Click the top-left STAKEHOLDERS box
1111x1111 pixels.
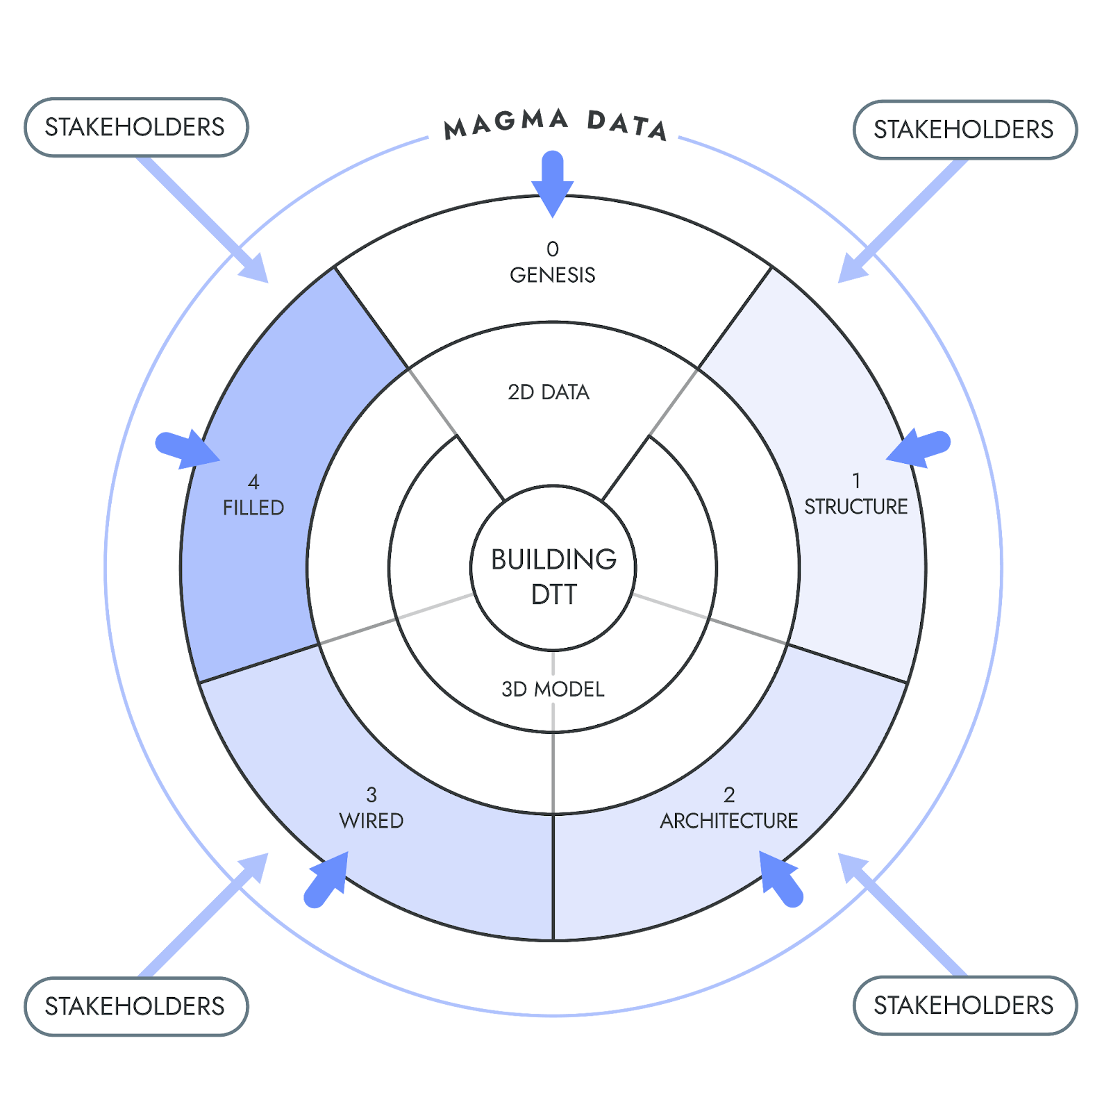point(135,127)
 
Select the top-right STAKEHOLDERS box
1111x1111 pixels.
point(964,130)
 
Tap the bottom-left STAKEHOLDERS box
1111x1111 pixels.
point(135,1006)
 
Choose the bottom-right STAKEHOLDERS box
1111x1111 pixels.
point(964,1005)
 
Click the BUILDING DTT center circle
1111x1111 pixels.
point(553,576)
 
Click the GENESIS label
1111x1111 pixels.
point(553,276)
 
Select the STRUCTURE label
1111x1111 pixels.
point(855,507)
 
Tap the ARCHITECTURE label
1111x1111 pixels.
point(729,821)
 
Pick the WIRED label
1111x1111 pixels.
point(371,821)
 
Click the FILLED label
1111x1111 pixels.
point(253,508)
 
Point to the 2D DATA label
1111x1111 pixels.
point(549,392)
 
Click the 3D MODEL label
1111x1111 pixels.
point(553,690)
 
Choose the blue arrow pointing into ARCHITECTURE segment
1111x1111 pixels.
point(780,879)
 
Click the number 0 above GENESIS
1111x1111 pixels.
point(553,249)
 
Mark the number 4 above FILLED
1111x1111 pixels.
point(253,482)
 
